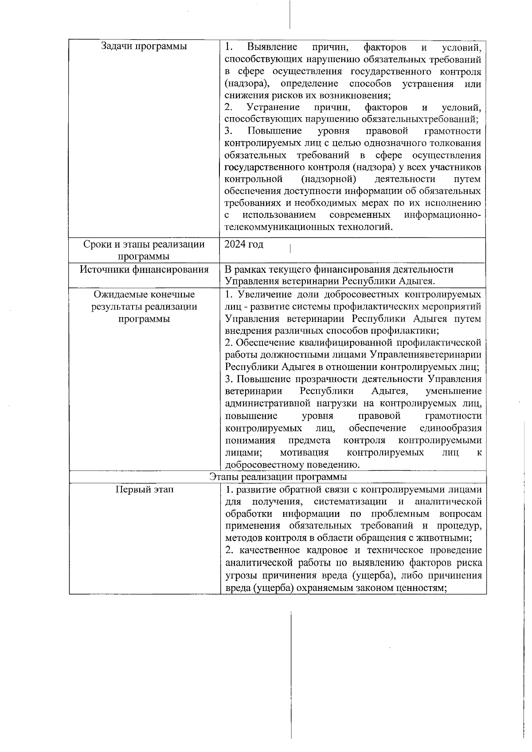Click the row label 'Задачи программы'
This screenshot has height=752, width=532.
[x=144, y=47]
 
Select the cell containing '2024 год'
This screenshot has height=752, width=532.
[x=244, y=244]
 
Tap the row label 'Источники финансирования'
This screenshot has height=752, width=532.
[x=144, y=269]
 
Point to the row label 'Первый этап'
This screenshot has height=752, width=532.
[x=145, y=489]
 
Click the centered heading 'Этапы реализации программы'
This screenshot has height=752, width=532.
[x=278, y=476]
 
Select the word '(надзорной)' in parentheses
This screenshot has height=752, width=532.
[x=329, y=179]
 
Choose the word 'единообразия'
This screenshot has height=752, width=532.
[x=450, y=428]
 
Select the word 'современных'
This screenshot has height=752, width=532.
[x=360, y=215]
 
